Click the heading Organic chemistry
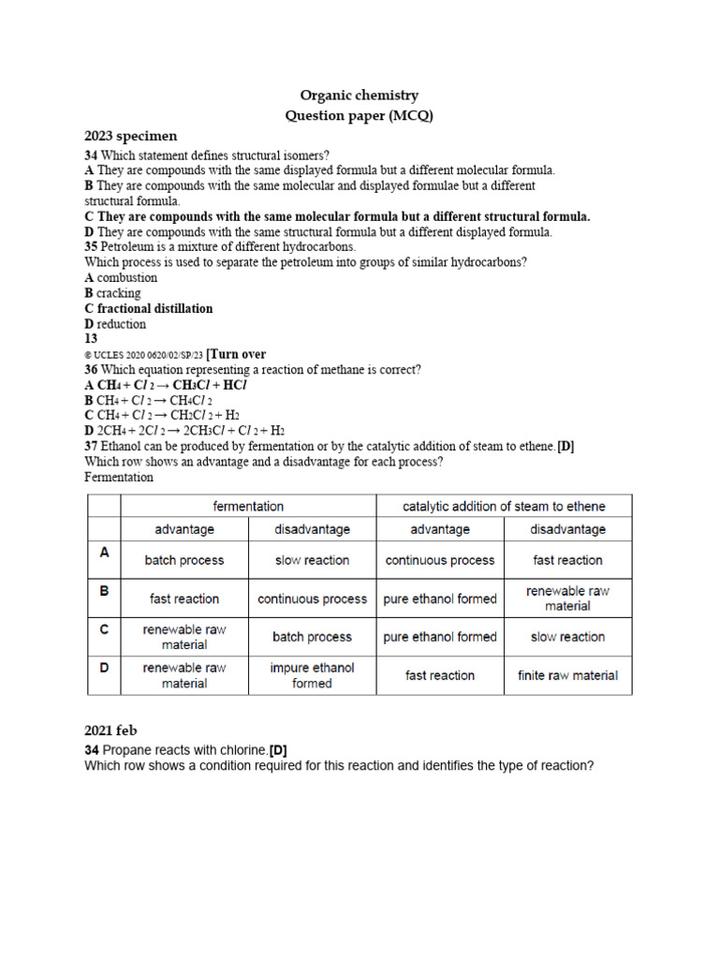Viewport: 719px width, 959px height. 359,96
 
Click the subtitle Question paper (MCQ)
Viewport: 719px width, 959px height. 359,116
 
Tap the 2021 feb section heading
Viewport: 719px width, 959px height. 110,730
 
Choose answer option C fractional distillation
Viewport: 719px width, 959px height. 149,308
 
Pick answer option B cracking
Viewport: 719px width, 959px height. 112,293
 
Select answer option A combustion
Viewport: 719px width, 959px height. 121,278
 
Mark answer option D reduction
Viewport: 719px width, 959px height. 115,324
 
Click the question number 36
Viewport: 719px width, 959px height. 91,370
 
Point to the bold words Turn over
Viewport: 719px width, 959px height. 239,355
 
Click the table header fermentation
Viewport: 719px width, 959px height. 248,507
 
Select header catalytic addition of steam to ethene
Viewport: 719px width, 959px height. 504,507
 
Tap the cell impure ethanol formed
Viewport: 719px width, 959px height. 312,675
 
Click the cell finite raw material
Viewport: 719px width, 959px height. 567,675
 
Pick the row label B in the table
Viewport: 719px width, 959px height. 105,592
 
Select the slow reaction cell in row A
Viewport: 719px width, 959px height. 312,560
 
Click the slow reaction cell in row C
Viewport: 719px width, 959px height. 567,637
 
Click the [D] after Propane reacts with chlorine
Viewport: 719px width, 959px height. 278,750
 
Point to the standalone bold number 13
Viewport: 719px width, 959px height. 91,339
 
